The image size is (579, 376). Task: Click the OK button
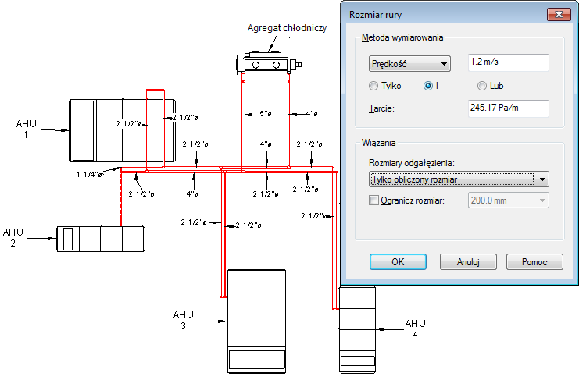click(398, 262)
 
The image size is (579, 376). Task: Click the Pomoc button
click(534, 262)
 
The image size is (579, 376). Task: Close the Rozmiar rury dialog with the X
click(559, 14)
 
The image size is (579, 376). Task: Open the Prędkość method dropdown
click(409, 64)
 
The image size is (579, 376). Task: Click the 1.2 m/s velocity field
click(508, 62)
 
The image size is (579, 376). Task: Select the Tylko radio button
click(373, 86)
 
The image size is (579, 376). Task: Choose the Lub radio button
click(482, 86)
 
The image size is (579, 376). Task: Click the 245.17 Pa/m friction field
click(508, 108)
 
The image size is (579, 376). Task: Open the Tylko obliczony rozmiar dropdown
click(459, 179)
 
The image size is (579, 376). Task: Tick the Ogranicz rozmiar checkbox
click(373, 200)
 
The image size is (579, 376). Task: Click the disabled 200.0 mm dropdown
click(508, 200)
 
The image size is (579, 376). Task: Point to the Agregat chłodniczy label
click(287, 28)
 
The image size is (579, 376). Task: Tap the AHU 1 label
click(26, 129)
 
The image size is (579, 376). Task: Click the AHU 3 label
click(183, 320)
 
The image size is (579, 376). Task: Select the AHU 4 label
click(416, 329)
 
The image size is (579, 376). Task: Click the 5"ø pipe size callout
click(266, 114)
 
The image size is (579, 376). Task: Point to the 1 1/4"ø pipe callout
click(89, 175)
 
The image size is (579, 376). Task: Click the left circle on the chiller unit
click(256, 66)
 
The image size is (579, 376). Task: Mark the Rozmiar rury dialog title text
click(375, 15)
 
